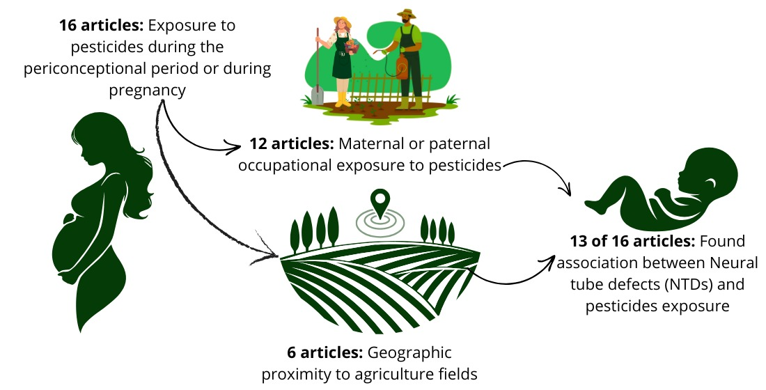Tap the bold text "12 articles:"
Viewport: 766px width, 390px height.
pyautogui.click(x=291, y=145)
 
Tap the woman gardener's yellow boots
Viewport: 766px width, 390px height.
pyautogui.click(x=342, y=100)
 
